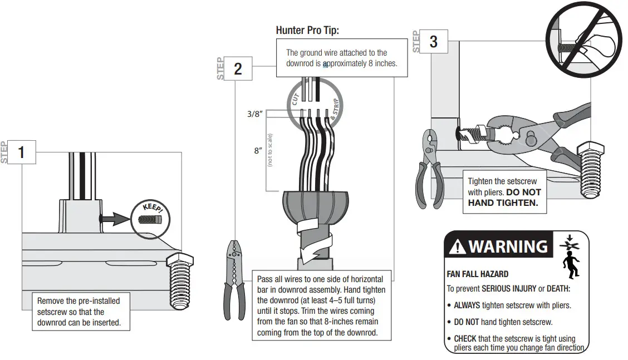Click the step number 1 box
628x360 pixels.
pyautogui.click(x=22, y=152)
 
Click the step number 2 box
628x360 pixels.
pyautogui.click(x=238, y=68)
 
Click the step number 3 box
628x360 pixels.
pyautogui.click(x=433, y=42)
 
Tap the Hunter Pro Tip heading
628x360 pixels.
pyautogui.click(x=307, y=30)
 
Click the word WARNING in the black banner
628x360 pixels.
pyautogui.click(x=508, y=246)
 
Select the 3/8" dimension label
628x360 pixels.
pyautogui.click(x=254, y=114)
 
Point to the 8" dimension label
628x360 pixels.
pyautogui.click(x=258, y=151)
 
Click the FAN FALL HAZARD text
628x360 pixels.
pyautogui.click(x=477, y=274)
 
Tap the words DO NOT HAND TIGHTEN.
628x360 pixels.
pyautogui.click(x=504, y=198)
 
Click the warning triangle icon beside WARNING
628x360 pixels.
pyautogui.click(x=457, y=246)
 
